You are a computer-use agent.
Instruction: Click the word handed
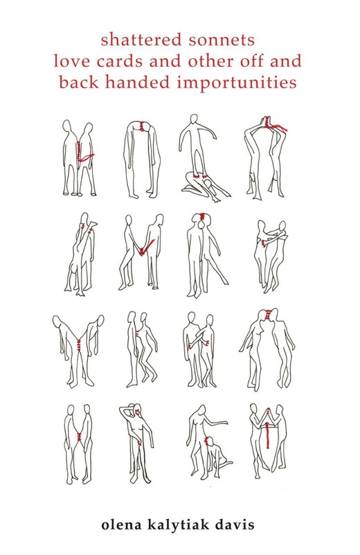point(138,82)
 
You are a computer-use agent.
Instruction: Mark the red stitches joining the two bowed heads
point(143,126)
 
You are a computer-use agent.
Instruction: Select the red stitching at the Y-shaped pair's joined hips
point(78,343)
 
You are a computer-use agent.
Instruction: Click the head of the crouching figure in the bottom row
point(209,441)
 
